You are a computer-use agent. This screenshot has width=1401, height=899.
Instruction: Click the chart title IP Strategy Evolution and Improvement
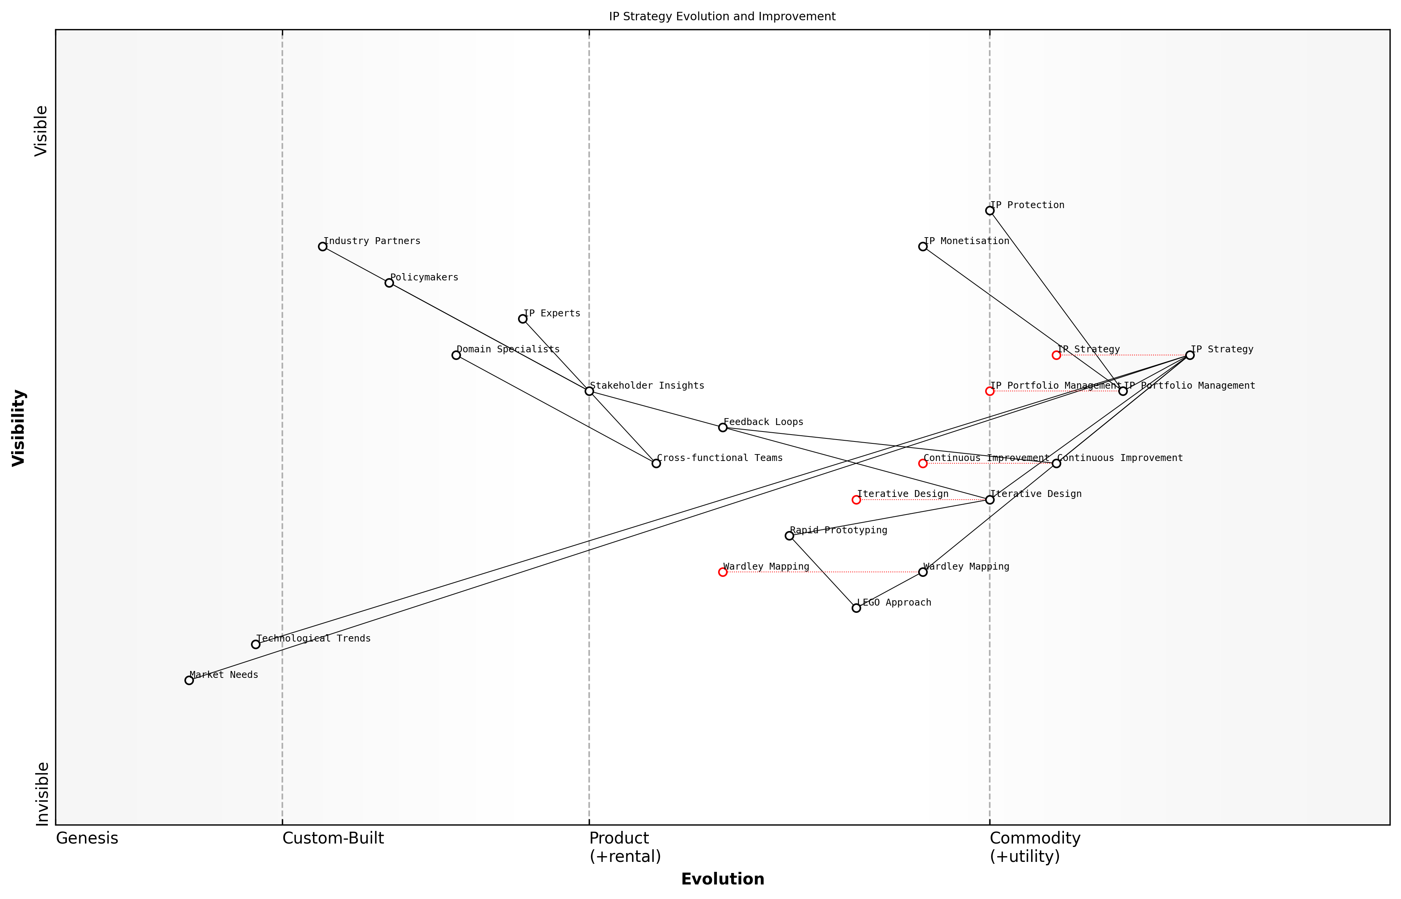722,16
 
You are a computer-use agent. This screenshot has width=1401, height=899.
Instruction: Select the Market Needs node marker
189,680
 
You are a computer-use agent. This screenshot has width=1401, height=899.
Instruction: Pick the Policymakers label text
424,277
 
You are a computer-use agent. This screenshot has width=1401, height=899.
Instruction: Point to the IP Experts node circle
523,319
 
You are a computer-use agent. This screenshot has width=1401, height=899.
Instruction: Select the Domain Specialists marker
456,355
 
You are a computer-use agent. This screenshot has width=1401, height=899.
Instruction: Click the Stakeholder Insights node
590,391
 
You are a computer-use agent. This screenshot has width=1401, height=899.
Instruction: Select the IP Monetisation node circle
923,246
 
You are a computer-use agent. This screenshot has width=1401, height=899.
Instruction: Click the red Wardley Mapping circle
723,572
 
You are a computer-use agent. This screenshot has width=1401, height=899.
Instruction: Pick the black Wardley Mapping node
923,572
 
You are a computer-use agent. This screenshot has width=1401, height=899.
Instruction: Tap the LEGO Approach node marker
856,608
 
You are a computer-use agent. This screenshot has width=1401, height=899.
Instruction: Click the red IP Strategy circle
1056,355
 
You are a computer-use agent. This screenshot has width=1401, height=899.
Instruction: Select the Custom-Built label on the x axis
333,838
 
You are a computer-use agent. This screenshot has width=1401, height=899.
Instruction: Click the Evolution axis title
722,879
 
